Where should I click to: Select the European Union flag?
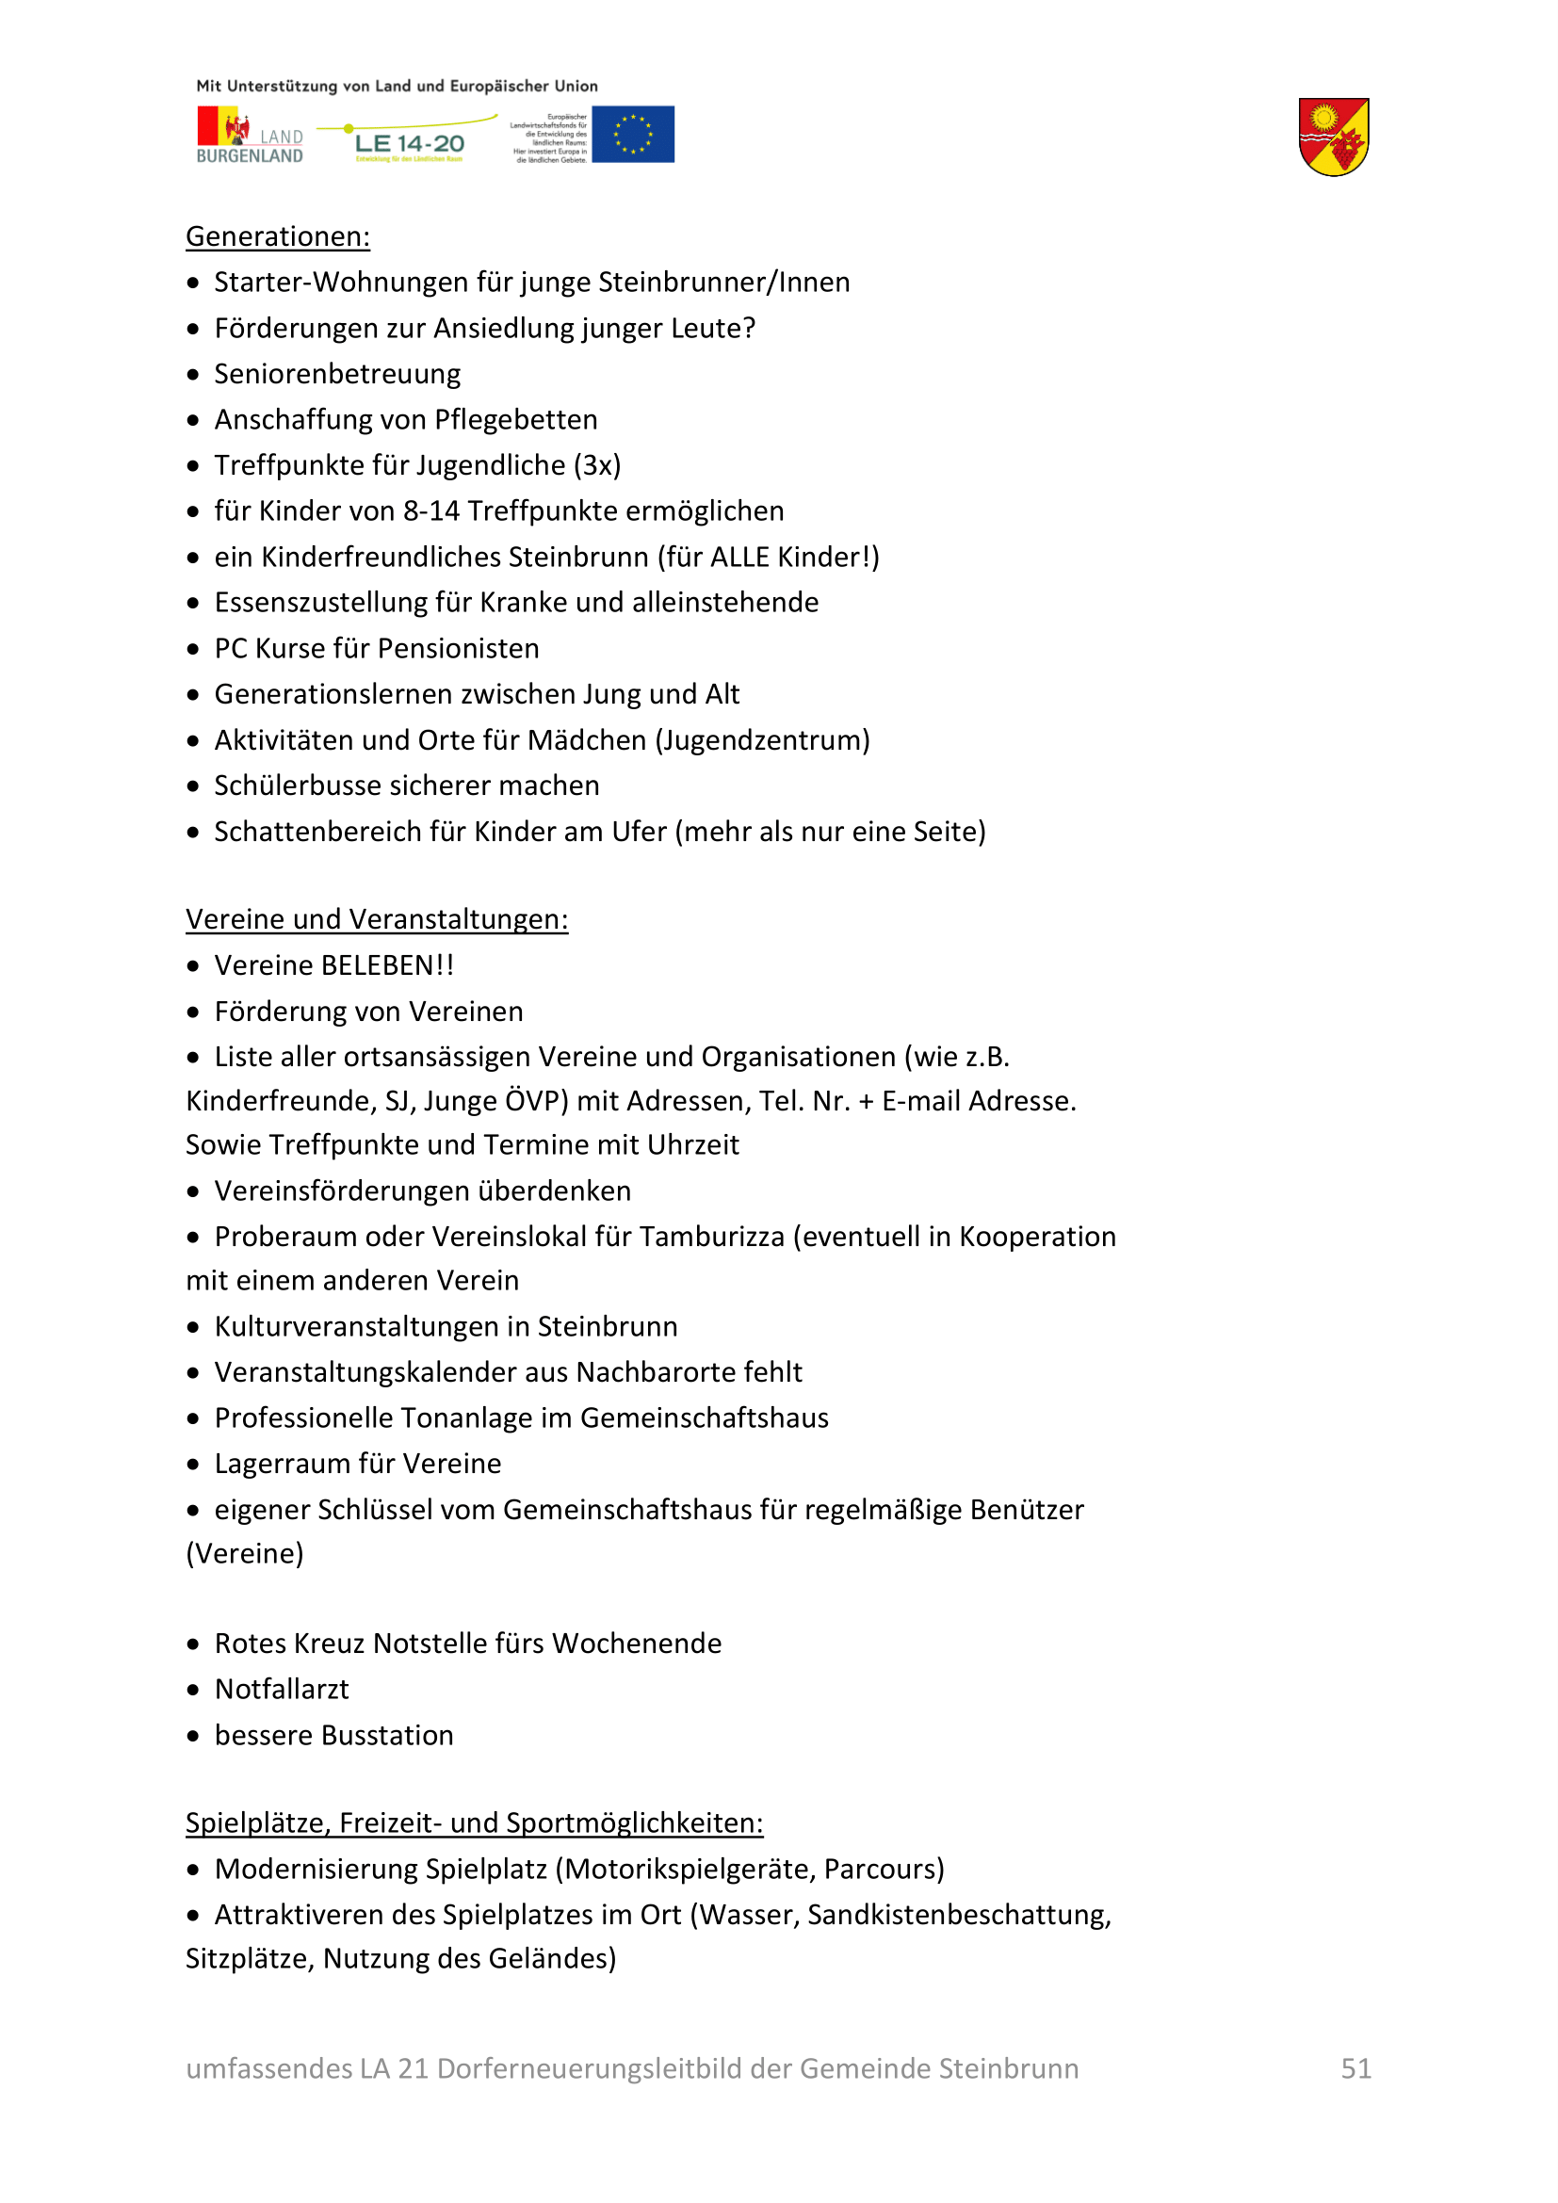click(632, 135)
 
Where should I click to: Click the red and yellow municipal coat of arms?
click(1333, 138)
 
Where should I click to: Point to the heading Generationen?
click(277, 237)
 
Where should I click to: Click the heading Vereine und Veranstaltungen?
click(376, 919)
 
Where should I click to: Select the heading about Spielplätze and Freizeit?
click(474, 1822)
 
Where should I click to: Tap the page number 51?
click(1355, 2068)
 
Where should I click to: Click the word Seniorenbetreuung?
click(336, 374)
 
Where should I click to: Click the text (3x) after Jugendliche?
click(596, 465)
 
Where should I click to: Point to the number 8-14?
click(430, 511)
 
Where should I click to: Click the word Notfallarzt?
click(281, 1689)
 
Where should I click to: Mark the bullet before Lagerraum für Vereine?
click(193, 1465)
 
